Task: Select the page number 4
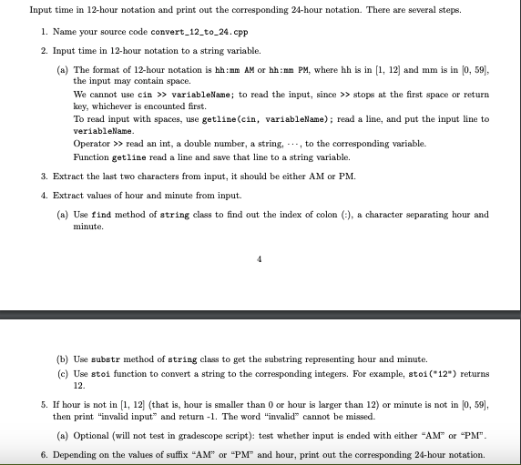260,258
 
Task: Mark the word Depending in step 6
74,454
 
